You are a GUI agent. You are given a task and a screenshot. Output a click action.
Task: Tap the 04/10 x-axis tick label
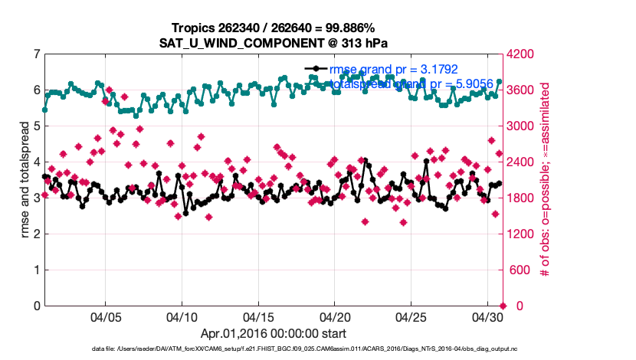(182, 317)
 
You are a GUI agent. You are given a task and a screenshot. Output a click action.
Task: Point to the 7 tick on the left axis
(36, 54)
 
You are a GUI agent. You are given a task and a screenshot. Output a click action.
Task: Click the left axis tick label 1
(36, 270)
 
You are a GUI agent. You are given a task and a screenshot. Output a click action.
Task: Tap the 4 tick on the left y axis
(36, 162)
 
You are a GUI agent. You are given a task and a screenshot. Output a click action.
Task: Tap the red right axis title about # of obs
(546, 180)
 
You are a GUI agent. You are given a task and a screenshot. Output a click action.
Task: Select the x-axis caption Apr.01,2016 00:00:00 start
(274, 333)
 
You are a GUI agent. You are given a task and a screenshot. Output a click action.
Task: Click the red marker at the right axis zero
(502, 306)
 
